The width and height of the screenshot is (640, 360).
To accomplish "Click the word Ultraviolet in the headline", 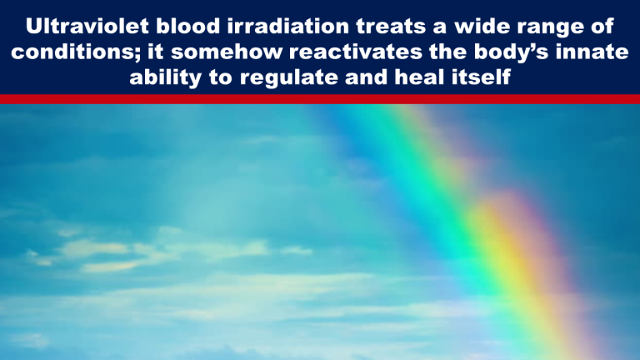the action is pos(87,26).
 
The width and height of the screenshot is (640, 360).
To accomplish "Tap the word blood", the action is pos(188,26).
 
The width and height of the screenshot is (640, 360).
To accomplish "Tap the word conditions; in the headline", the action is pos(76,52).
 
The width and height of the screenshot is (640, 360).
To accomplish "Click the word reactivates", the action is pos(350,52).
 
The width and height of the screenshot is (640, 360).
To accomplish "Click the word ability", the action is pos(166,78).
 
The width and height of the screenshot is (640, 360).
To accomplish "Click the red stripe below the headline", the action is pos(320,99).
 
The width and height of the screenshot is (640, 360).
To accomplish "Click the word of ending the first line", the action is pos(602,26).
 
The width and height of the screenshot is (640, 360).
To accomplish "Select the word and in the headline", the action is pos(366,77).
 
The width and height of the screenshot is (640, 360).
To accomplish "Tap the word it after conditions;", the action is pos(156,52).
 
